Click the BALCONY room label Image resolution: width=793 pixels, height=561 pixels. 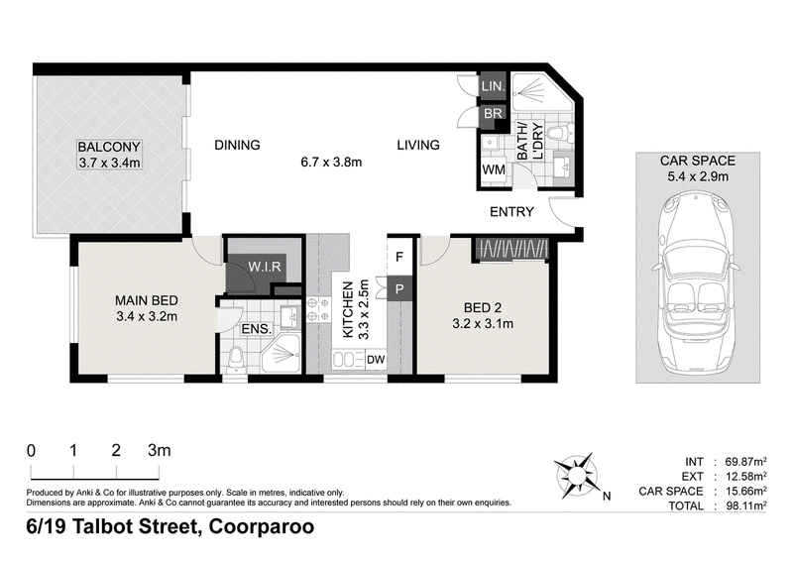click(x=109, y=148)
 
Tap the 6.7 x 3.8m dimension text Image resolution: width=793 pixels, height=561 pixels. click(x=331, y=163)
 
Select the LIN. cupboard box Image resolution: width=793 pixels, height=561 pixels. click(x=493, y=86)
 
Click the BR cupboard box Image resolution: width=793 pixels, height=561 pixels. click(x=493, y=113)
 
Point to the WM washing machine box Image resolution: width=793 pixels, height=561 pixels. click(x=493, y=169)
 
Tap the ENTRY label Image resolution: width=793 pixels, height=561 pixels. click(x=511, y=212)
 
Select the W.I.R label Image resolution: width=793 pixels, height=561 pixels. click(x=264, y=266)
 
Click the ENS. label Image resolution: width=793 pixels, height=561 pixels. click(x=257, y=329)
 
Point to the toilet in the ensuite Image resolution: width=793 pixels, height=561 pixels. click(x=235, y=360)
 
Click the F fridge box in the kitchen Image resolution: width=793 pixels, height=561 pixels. click(x=399, y=257)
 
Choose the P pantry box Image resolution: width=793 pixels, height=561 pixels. click(x=400, y=289)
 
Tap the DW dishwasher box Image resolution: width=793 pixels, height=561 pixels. click(x=376, y=360)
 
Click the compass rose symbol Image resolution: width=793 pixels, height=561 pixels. click(x=575, y=475)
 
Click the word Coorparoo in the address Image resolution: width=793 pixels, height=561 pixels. click(x=262, y=527)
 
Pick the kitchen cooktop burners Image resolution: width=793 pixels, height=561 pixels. click(x=318, y=309)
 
